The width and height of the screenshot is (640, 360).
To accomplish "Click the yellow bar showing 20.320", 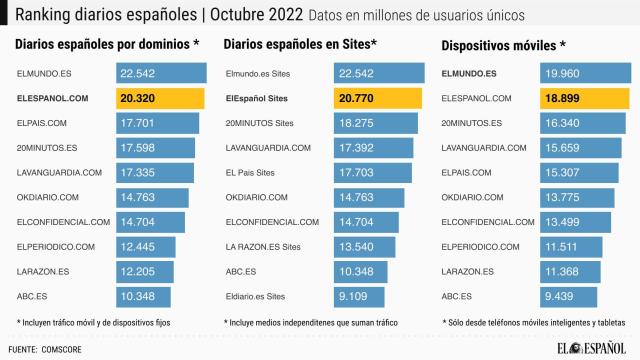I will coord(160,98).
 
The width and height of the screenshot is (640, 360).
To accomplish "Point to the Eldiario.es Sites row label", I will coord(255,296).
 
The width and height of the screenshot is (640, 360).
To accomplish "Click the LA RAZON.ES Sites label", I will coord(263,246).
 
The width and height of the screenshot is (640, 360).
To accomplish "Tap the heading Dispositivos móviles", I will coord(503,45).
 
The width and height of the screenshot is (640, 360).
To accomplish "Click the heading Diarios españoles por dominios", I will coord(107,45).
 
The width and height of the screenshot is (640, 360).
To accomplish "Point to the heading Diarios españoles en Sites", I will coord(300,45).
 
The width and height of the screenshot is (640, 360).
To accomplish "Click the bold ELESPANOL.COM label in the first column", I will coord(60,98).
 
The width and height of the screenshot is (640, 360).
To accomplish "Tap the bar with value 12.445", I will coord(146,246).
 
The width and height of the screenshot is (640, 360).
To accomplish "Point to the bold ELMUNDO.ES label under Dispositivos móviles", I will coord(468,74).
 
